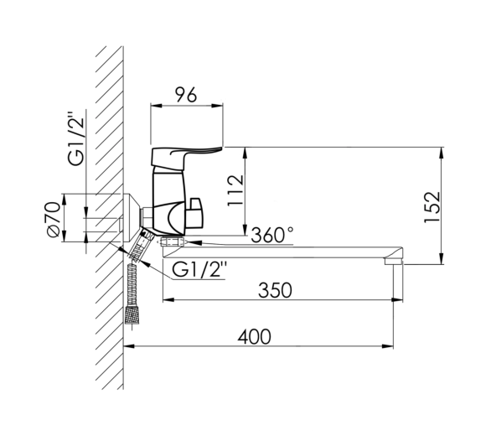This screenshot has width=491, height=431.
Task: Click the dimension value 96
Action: [186, 95]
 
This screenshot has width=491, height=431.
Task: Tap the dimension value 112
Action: [235, 190]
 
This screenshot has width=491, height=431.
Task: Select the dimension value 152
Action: [432, 207]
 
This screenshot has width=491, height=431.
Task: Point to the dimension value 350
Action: [275, 290]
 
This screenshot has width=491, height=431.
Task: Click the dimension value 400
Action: [254, 337]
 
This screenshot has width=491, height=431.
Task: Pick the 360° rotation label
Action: [272, 235]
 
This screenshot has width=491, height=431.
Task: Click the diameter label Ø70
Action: [53, 219]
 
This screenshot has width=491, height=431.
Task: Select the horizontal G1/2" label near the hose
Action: [199, 269]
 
